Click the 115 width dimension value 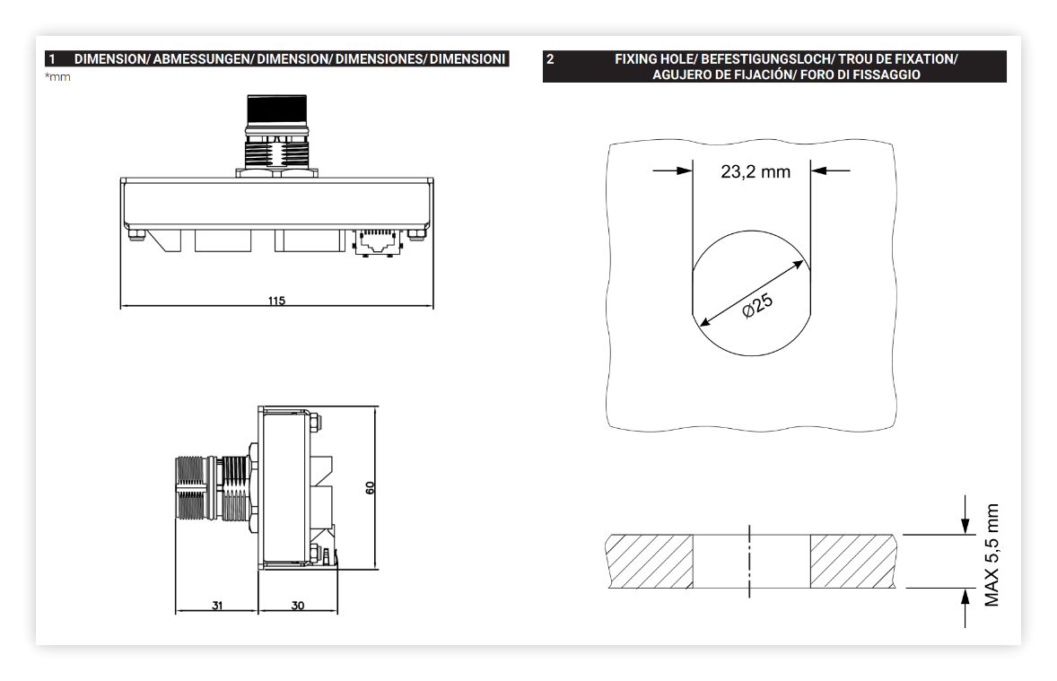[276, 301]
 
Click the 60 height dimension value [370, 487]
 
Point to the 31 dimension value [217, 606]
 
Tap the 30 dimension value [298, 606]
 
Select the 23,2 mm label [756, 172]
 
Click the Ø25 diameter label [757, 305]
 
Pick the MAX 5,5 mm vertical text [991, 554]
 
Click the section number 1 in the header [52, 59]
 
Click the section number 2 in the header [550, 59]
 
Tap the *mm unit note [58, 77]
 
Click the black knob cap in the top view [277, 107]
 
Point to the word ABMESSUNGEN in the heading [201, 59]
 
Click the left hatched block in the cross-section [650, 561]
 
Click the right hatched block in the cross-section [853, 561]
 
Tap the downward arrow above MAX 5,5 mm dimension [965, 515]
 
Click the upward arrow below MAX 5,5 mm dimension [965, 608]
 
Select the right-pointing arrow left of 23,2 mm [673, 170]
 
